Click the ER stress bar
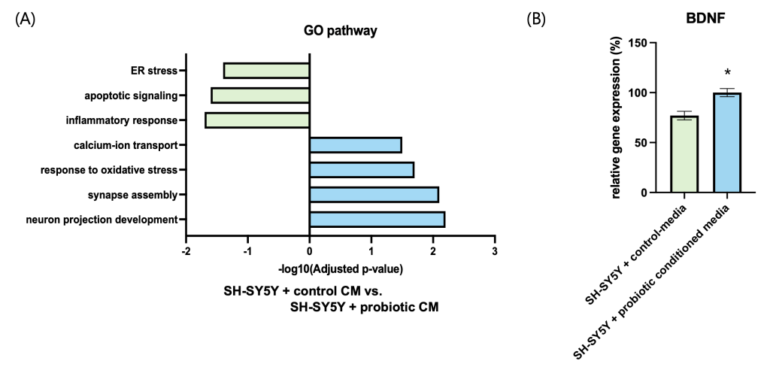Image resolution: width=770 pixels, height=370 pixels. point(267,71)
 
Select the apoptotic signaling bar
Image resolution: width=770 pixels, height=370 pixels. point(261,96)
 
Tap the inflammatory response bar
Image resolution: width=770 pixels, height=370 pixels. point(257,120)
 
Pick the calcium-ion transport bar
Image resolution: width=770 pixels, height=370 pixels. point(356,145)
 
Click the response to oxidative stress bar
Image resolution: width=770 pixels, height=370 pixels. point(362,170)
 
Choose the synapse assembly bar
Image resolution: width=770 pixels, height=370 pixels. point(374,195)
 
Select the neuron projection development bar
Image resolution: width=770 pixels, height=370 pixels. point(377,220)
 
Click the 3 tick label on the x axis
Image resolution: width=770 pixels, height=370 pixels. point(495,250)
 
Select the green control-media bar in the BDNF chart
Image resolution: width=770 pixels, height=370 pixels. point(684,154)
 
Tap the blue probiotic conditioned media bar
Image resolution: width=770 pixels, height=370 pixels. point(727,143)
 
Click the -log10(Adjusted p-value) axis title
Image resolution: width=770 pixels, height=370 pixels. point(340,268)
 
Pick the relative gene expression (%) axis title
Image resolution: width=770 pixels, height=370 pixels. point(617,117)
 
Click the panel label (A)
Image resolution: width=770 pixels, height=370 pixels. point(25,20)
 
